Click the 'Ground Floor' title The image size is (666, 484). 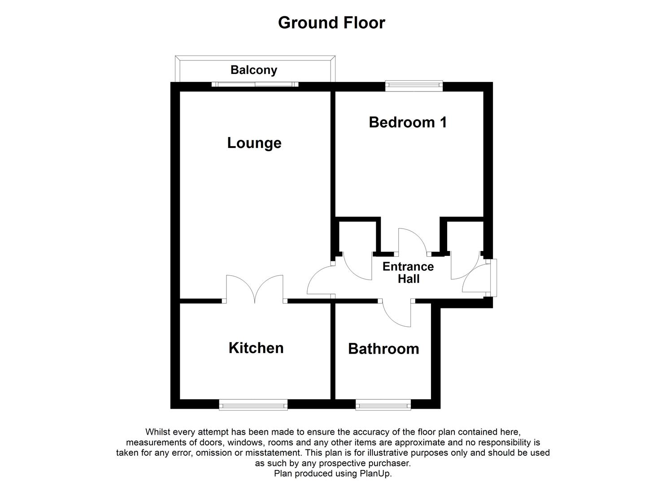pos(331,22)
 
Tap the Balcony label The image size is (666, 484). pos(254,70)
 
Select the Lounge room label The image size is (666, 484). pos(254,143)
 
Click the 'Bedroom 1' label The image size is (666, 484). pos(408,122)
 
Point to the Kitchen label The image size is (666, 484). pos(256,348)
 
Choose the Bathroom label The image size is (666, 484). pos(383,349)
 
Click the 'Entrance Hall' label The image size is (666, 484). pos(408,272)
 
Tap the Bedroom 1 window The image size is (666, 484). pos(414,85)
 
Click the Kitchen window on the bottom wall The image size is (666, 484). pos(253,405)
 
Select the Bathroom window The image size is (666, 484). pos(383,405)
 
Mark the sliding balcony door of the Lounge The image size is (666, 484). pos(255,84)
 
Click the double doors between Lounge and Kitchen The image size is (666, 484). pos(255,289)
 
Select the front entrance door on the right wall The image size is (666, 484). pos(478,279)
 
